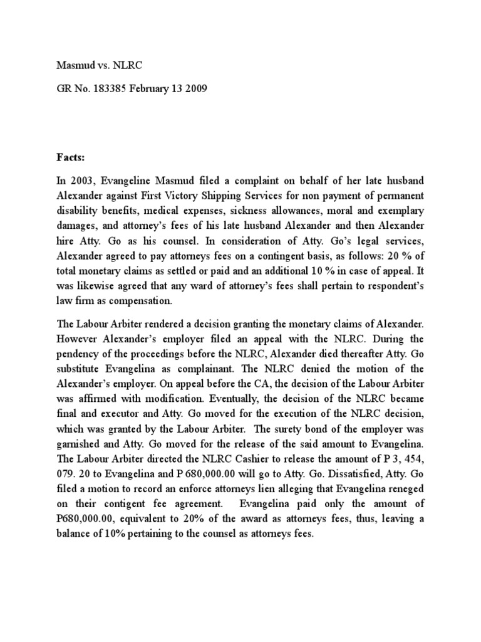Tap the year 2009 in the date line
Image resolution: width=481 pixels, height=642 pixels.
click(x=194, y=89)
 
